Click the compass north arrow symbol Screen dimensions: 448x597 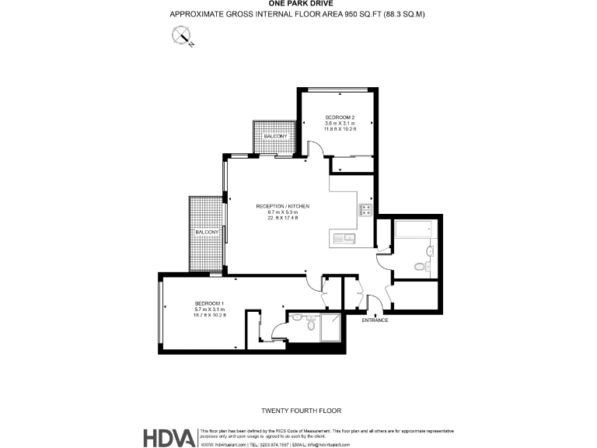point(183,35)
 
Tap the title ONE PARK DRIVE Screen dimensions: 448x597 point(298,4)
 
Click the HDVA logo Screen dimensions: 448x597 point(169,437)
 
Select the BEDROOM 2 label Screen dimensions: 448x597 point(340,117)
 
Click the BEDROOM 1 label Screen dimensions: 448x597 point(209,303)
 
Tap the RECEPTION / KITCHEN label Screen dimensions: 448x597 point(283,206)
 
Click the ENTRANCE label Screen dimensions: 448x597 point(375,320)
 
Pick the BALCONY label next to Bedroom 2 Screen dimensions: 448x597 point(275,137)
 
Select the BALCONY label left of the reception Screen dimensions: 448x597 point(207,233)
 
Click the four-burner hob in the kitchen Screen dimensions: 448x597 point(365,209)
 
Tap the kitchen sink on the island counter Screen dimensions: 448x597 point(347,238)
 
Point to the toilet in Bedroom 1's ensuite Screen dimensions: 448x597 point(310,327)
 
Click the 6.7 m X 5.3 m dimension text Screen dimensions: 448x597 point(283,212)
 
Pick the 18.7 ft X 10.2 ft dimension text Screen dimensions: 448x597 point(209,315)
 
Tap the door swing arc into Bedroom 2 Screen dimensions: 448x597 point(316,148)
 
